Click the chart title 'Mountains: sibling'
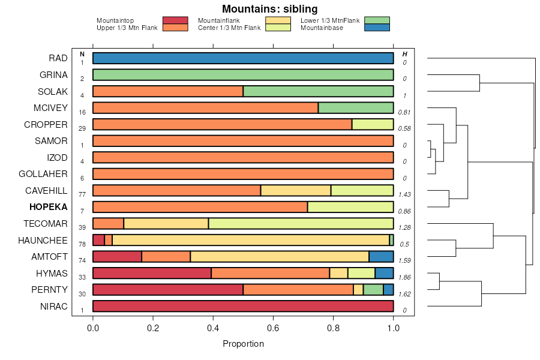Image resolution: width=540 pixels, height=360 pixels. point(269,9)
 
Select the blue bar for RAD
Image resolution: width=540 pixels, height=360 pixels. point(243,58)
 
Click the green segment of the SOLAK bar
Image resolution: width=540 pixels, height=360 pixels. point(318,91)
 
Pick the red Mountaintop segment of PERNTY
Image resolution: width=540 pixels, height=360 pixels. point(168,290)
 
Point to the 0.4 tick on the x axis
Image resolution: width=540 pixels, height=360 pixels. point(213,328)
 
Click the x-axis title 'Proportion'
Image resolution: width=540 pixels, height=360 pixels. point(243,344)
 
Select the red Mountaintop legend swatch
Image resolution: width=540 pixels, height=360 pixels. point(175,20)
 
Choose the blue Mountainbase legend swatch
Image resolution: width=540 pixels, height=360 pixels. point(377,27)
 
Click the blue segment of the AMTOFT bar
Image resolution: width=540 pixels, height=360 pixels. point(381,257)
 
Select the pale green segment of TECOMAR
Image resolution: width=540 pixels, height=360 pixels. point(301,224)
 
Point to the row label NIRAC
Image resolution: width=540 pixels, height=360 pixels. point(54,307)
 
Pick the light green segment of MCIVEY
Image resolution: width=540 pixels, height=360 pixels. point(355,108)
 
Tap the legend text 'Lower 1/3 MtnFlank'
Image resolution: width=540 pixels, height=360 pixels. point(329,20)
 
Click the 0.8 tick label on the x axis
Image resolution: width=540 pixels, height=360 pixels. point(333,328)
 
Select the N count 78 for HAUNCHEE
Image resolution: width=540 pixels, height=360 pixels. point(82,244)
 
